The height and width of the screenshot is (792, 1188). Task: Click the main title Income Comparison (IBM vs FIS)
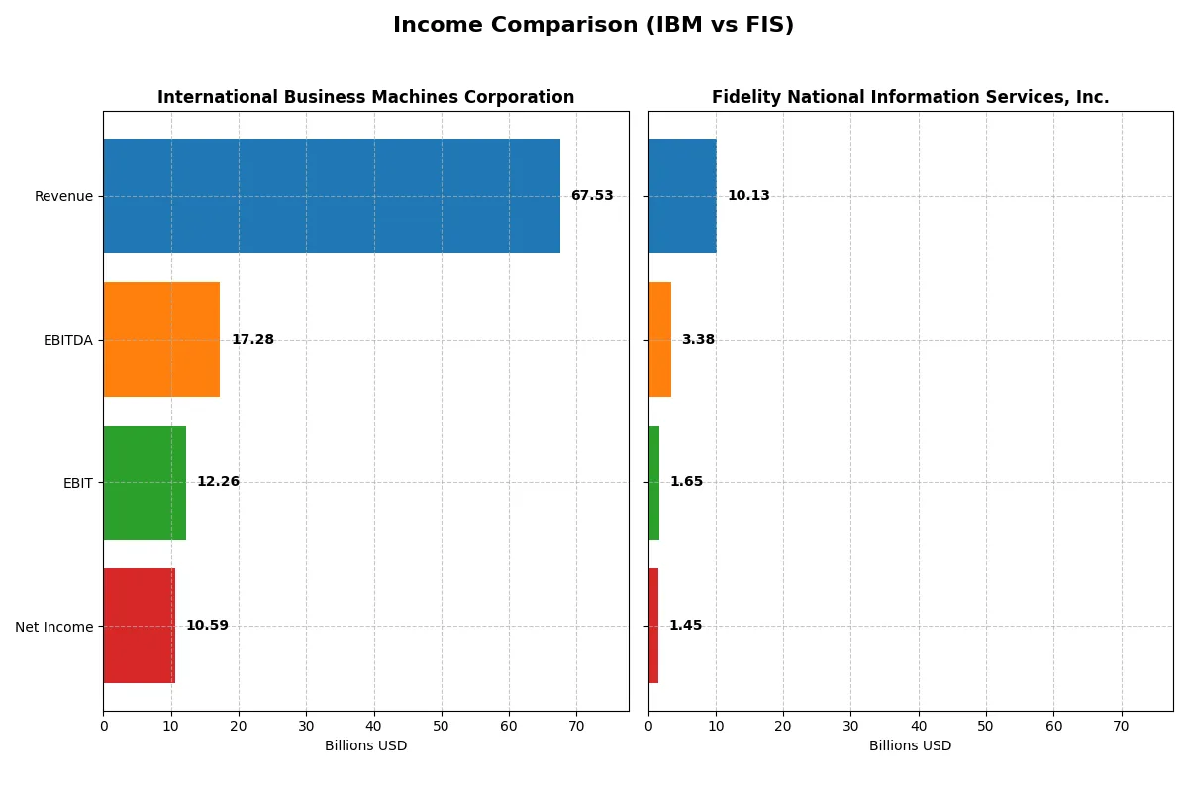[593, 25]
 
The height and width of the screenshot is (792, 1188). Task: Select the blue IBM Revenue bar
[332, 196]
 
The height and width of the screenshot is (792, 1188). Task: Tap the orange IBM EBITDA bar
[161, 340]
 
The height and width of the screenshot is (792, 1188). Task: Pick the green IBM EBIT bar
[145, 483]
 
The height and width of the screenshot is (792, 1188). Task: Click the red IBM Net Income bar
[139, 626]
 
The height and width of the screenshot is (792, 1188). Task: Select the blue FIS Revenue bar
[682, 196]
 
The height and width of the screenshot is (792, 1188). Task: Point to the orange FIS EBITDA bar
[660, 340]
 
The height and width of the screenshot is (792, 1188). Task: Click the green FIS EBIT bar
[654, 483]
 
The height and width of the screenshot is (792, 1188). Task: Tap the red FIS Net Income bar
[653, 626]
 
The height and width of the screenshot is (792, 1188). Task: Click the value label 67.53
[592, 196]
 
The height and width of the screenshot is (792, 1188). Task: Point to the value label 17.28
[252, 340]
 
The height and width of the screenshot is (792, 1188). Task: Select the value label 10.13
[748, 196]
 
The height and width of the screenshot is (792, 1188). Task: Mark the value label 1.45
[685, 626]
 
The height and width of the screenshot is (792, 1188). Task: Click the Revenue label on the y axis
[63, 196]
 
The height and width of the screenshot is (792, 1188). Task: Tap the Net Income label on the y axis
[54, 627]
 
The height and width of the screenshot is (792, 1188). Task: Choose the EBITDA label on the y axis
[67, 340]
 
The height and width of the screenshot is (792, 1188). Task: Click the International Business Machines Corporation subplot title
[365, 97]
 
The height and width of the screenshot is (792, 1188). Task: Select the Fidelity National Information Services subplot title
[910, 97]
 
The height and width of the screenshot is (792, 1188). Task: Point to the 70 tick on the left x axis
[576, 726]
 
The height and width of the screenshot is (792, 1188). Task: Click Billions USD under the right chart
[910, 745]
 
